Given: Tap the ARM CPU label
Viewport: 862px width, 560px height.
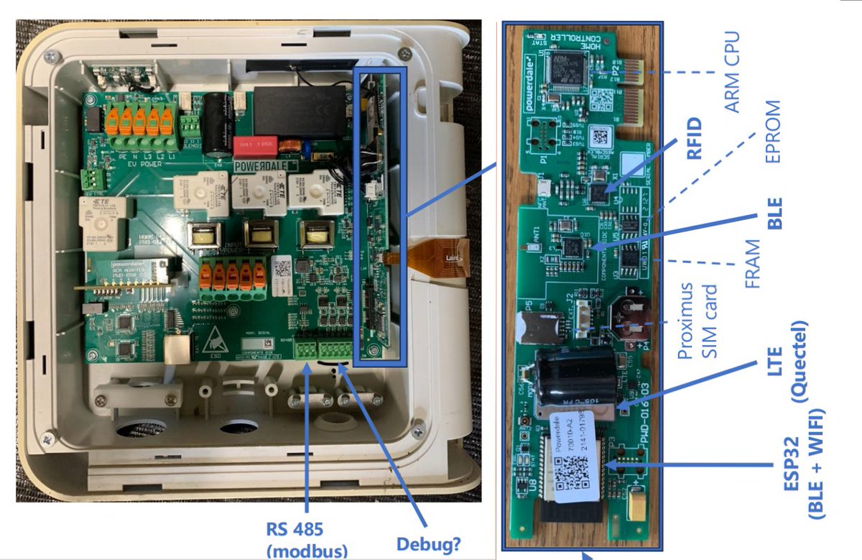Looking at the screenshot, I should click(x=732, y=71).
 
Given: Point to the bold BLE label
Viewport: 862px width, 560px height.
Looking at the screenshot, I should click(x=774, y=214).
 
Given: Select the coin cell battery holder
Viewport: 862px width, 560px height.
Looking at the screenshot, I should click(x=630, y=316).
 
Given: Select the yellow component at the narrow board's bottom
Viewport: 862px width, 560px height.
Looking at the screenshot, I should click(x=636, y=510).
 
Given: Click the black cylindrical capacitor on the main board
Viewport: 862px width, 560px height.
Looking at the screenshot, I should click(x=216, y=123).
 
